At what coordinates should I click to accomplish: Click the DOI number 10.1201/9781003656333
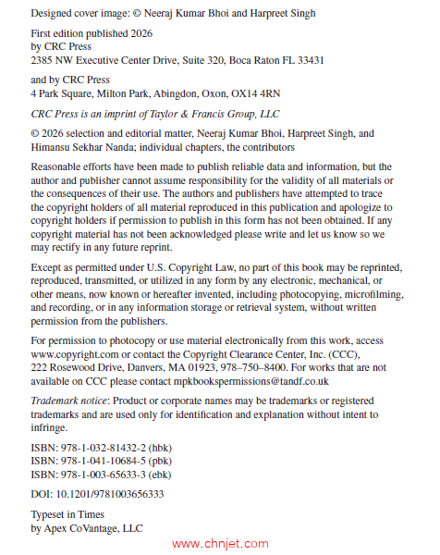[109, 494]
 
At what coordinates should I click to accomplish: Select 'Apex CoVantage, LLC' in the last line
[94, 528]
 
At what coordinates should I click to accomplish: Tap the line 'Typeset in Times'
[68, 515]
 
